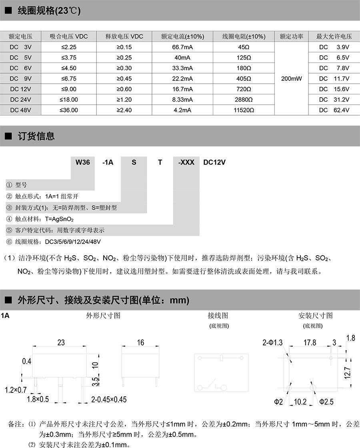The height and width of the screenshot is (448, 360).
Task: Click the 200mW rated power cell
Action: (291, 78)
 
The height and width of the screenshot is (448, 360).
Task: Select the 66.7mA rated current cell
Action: (183, 47)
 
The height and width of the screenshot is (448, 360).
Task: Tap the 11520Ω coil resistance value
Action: (244, 110)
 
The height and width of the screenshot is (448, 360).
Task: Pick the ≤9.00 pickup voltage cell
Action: (69, 89)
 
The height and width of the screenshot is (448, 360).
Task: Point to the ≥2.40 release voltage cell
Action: (124, 110)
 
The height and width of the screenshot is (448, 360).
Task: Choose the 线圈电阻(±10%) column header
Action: (244, 36)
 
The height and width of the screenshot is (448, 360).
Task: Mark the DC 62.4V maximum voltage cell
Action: (334, 110)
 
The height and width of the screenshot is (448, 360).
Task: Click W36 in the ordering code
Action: (83, 162)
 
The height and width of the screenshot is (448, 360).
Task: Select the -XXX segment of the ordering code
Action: (186, 162)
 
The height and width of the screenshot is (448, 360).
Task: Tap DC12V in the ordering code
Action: (214, 162)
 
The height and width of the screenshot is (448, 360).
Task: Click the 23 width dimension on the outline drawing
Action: (61, 343)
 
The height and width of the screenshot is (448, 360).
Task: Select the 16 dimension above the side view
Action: (140, 343)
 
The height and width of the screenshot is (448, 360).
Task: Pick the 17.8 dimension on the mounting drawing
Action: (310, 343)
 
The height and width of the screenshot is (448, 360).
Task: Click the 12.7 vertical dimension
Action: (347, 373)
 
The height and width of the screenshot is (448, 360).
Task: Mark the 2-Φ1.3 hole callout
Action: (272, 343)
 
